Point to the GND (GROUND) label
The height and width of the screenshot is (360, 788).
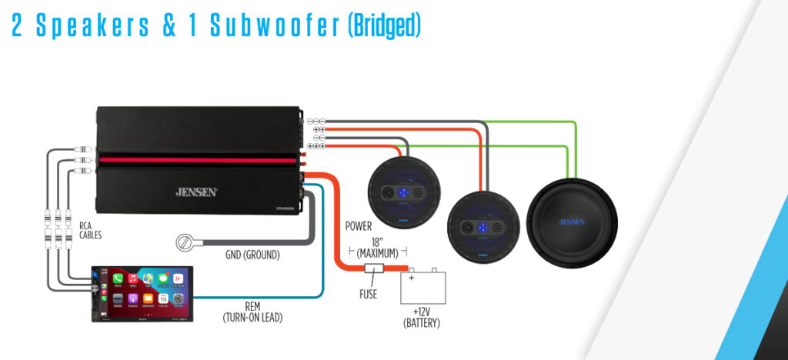click(x=253, y=255)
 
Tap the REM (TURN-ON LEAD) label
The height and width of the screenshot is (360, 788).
click(x=252, y=311)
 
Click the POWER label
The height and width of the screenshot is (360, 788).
click(x=359, y=227)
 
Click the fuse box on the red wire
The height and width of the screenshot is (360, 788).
click(x=375, y=270)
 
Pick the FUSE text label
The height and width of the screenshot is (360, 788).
click(x=368, y=294)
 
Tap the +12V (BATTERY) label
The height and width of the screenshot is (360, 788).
click(x=421, y=318)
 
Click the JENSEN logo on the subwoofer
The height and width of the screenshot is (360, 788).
click(x=569, y=222)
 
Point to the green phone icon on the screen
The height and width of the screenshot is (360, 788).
click(x=118, y=278)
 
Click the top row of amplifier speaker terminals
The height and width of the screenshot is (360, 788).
click(x=316, y=121)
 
